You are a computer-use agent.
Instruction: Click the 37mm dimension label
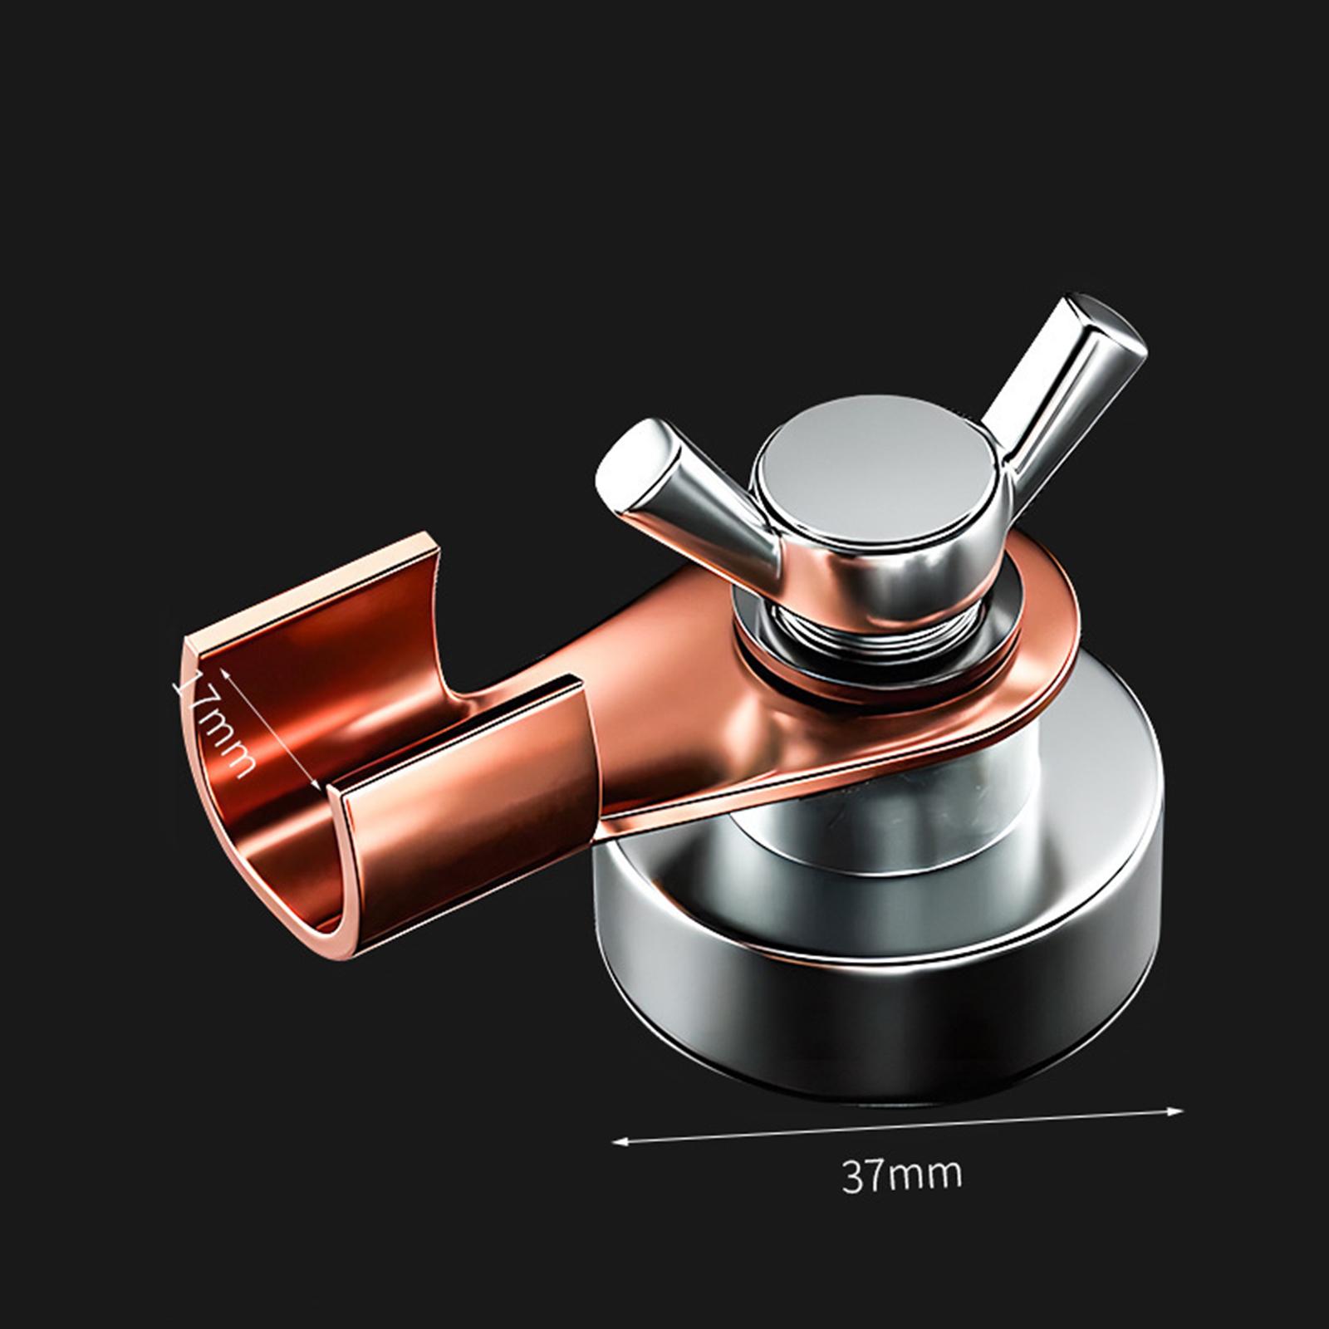click(902, 1175)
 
